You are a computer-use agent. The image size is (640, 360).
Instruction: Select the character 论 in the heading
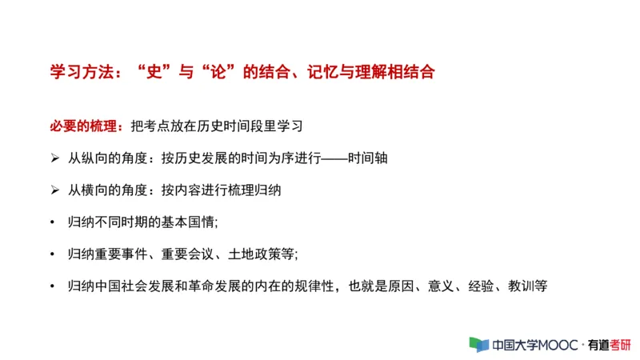point(216,71)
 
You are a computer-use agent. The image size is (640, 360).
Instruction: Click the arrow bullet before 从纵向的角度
point(54,158)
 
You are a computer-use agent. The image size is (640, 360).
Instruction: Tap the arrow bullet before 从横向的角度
point(54,190)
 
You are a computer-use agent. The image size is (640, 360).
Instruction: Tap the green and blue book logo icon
point(478,344)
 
